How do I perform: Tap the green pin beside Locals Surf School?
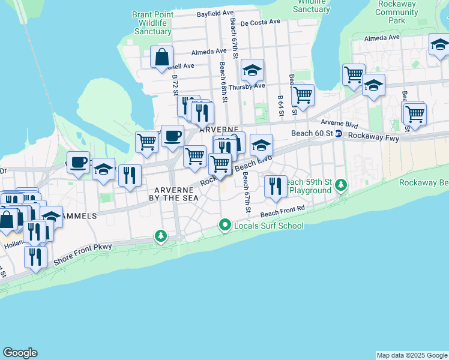click(x=225, y=226)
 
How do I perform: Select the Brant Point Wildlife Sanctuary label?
click(x=152, y=22)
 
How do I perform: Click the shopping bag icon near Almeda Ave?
click(x=162, y=58)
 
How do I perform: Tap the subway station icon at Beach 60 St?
click(x=339, y=133)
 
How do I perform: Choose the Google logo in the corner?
click(x=20, y=353)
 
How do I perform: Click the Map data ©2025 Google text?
click(x=412, y=355)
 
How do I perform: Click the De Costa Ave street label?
click(x=260, y=22)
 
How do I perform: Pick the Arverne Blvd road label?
click(x=340, y=124)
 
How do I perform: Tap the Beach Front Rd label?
click(x=283, y=211)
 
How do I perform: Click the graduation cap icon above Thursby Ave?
click(x=253, y=71)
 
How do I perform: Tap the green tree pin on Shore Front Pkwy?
click(x=161, y=236)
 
